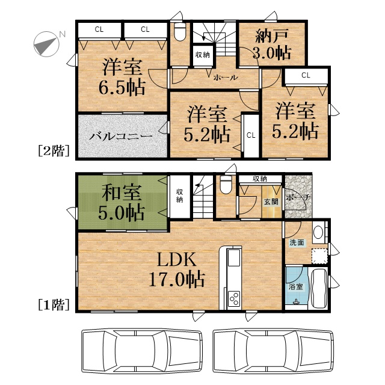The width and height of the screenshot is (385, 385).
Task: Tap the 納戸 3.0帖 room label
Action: pyautogui.click(x=273, y=45)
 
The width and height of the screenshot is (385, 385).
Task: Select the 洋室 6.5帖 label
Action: pyautogui.click(x=122, y=77)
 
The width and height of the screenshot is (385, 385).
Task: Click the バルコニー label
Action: pyautogui.click(x=120, y=136)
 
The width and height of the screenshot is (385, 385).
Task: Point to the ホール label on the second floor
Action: pyautogui.click(x=226, y=78)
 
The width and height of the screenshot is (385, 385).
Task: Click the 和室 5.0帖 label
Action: pyautogui.click(x=122, y=202)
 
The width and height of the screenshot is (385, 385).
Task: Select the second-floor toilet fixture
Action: pyautogui.click(x=180, y=32)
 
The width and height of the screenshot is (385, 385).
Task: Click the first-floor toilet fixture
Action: pyautogui.click(x=226, y=185)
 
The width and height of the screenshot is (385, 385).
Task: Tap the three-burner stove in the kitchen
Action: pyautogui.click(x=234, y=298)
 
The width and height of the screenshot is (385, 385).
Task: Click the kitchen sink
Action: pyautogui.click(x=234, y=257)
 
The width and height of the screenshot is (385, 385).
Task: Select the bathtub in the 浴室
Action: pyautogui.click(x=319, y=288)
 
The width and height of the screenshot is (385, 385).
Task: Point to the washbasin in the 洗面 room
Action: pyautogui.click(x=318, y=232)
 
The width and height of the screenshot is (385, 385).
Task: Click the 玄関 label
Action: pyautogui.click(x=271, y=202)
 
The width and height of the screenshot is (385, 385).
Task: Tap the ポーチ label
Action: pyautogui.click(x=298, y=197)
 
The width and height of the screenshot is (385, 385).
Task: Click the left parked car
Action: pyautogui.click(x=142, y=351)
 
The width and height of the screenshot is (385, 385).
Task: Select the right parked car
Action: pyautogui.click(x=274, y=351)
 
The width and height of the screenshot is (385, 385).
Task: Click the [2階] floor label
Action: pyautogui.click(x=54, y=150)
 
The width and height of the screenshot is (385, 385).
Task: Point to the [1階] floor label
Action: pyautogui.click(x=54, y=304)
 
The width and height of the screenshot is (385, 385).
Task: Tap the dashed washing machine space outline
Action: pyautogui.click(x=319, y=256)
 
